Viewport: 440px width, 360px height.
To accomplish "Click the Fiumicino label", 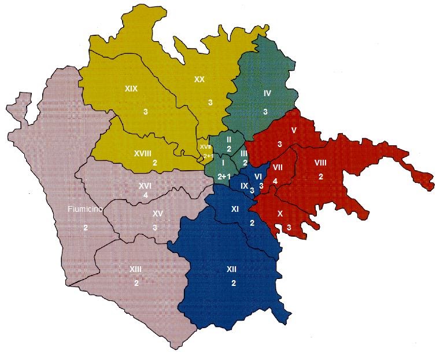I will [x=83, y=210].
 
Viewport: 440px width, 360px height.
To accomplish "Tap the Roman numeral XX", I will [x=199, y=80].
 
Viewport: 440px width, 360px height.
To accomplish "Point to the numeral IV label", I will [x=267, y=93].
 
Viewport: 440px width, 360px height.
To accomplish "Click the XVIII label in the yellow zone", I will [x=142, y=153].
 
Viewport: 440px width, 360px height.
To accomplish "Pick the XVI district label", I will [x=145, y=185].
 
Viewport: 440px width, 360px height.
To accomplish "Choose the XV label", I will [x=157, y=213].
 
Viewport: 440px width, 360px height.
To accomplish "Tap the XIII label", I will [x=136, y=269].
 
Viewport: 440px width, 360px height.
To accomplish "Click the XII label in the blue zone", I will [x=231, y=269].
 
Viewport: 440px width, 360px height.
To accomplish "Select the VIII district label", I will [x=320, y=163].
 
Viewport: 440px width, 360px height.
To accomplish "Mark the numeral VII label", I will [x=277, y=168].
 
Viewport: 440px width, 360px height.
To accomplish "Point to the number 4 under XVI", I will [x=146, y=196].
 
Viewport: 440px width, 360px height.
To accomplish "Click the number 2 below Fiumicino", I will [x=85, y=227].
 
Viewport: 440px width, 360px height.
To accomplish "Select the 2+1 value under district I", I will [x=225, y=176].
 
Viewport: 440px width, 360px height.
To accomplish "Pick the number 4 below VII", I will [x=275, y=181].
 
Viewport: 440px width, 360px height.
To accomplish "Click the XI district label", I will [x=235, y=209].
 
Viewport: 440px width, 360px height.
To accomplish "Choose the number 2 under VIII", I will [x=321, y=177].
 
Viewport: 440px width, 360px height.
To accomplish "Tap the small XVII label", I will [x=205, y=147].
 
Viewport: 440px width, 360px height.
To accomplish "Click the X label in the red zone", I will [x=280, y=214].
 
